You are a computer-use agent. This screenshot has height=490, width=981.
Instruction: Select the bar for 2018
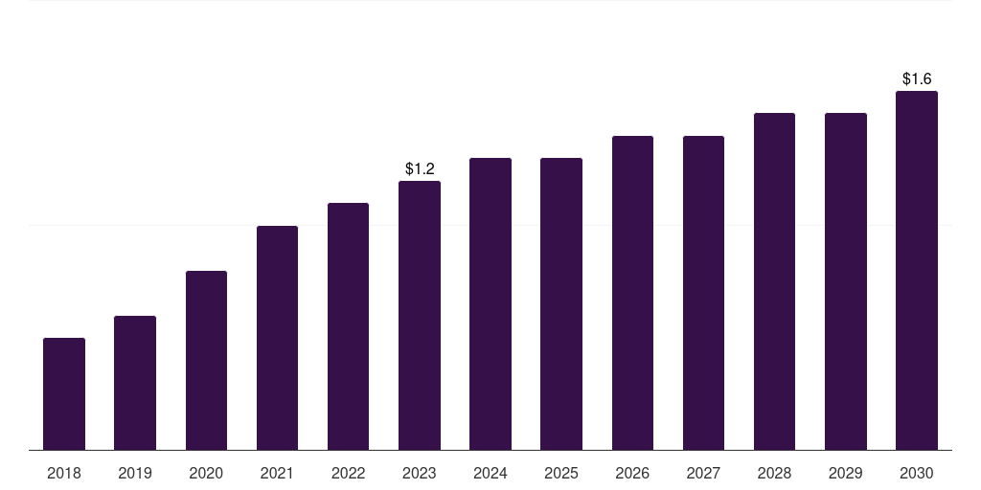tap(64, 393)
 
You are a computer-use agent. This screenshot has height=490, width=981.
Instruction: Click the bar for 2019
tap(135, 383)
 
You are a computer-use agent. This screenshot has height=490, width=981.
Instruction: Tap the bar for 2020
tap(207, 361)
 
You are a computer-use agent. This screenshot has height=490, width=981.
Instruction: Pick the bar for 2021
tap(277, 338)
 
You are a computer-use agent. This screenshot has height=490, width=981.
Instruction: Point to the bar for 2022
tap(348, 326)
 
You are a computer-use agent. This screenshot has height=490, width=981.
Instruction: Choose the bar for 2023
tap(420, 316)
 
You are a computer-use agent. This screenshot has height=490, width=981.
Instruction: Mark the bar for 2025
tap(561, 303)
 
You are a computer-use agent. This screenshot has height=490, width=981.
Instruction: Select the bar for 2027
tap(704, 293)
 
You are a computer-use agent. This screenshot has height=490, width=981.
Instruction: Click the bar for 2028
tap(774, 282)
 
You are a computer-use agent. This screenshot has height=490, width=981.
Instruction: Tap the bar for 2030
tap(917, 271)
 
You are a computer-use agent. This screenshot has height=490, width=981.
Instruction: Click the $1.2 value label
tap(420, 168)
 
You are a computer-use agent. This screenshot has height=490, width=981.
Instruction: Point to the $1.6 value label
tap(917, 78)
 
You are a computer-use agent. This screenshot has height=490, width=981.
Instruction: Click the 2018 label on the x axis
tap(64, 473)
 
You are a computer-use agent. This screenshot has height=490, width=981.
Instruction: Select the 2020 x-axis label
tap(207, 473)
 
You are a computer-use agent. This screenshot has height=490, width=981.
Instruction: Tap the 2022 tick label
tap(348, 473)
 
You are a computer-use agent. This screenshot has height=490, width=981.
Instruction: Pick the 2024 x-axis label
tap(490, 473)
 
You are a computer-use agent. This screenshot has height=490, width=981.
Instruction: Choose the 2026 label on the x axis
tap(632, 473)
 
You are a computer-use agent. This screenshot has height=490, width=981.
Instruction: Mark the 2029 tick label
tap(846, 473)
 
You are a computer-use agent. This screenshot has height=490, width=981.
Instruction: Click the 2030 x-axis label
tap(917, 473)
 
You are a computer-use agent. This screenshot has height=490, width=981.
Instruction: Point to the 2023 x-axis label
tap(420, 473)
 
